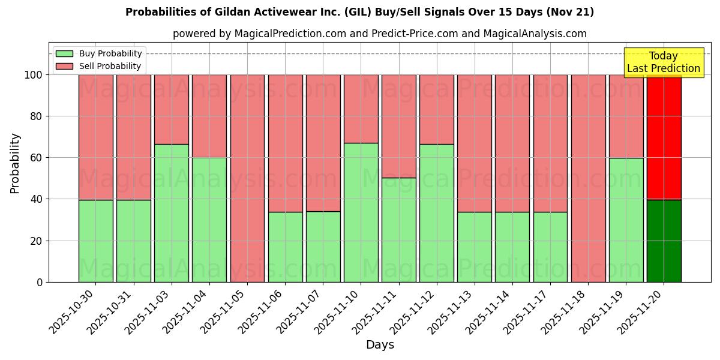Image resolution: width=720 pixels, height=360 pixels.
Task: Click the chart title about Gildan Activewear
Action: tap(359, 12)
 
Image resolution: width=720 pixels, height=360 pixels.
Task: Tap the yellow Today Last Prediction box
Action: tap(663, 62)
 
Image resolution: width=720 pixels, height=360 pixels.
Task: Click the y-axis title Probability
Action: tap(15, 163)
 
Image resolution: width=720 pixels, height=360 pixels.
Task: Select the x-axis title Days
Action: tap(380, 344)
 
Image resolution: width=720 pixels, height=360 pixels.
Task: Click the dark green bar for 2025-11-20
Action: tap(664, 241)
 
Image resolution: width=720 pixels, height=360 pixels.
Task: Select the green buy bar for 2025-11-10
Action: tap(361, 212)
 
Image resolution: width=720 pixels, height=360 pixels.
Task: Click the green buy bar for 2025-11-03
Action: tap(171, 213)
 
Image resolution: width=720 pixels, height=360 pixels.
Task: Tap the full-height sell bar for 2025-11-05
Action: tap(247, 178)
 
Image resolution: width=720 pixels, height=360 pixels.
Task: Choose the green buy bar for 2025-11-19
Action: tap(626, 220)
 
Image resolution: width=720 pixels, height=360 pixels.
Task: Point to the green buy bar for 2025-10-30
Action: tap(95, 241)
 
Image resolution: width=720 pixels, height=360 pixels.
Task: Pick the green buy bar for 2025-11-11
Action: tap(398, 230)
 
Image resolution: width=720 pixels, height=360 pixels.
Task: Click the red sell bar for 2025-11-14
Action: tap(512, 143)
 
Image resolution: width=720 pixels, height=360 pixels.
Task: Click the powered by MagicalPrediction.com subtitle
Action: tap(379, 34)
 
